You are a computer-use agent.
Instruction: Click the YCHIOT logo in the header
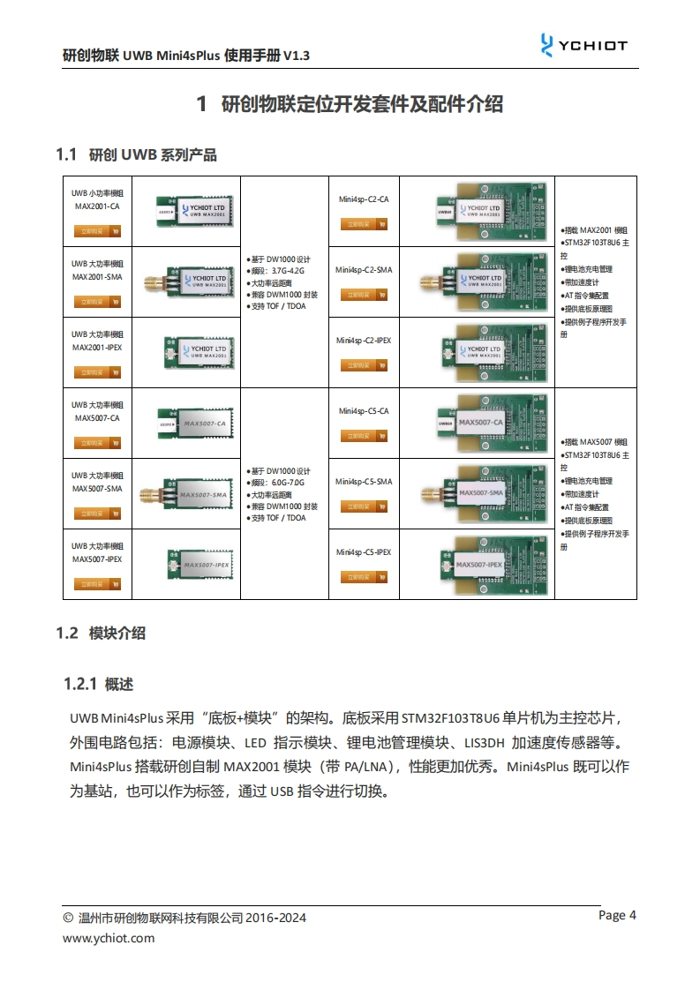pyautogui.click(x=583, y=45)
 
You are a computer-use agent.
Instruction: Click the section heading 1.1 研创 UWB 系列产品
pyautogui.click(x=136, y=155)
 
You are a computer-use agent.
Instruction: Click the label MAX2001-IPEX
pyautogui.click(x=97, y=348)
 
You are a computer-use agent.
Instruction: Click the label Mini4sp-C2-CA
pyautogui.click(x=363, y=199)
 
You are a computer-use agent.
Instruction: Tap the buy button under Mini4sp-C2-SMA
pyautogui.click(x=363, y=295)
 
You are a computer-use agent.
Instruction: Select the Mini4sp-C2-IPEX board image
pyautogui.click(x=482, y=350)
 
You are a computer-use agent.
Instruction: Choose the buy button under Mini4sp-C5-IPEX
pyautogui.click(x=363, y=577)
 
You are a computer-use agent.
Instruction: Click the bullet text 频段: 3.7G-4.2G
pyautogui.click(x=278, y=271)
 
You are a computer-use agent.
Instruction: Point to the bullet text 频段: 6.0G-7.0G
pyautogui.click(x=278, y=483)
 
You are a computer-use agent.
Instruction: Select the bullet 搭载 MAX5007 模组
pyautogui.click(x=595, y=441)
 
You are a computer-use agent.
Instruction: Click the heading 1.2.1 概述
pyautogui.click(x=98, y=684)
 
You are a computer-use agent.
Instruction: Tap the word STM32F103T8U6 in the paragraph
pyautogui.click(x=451, y=716)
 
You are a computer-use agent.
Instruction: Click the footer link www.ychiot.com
pyautogui.click(x=109, y=938)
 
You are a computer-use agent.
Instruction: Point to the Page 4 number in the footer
pyautogui.click(x=617, y=915)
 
